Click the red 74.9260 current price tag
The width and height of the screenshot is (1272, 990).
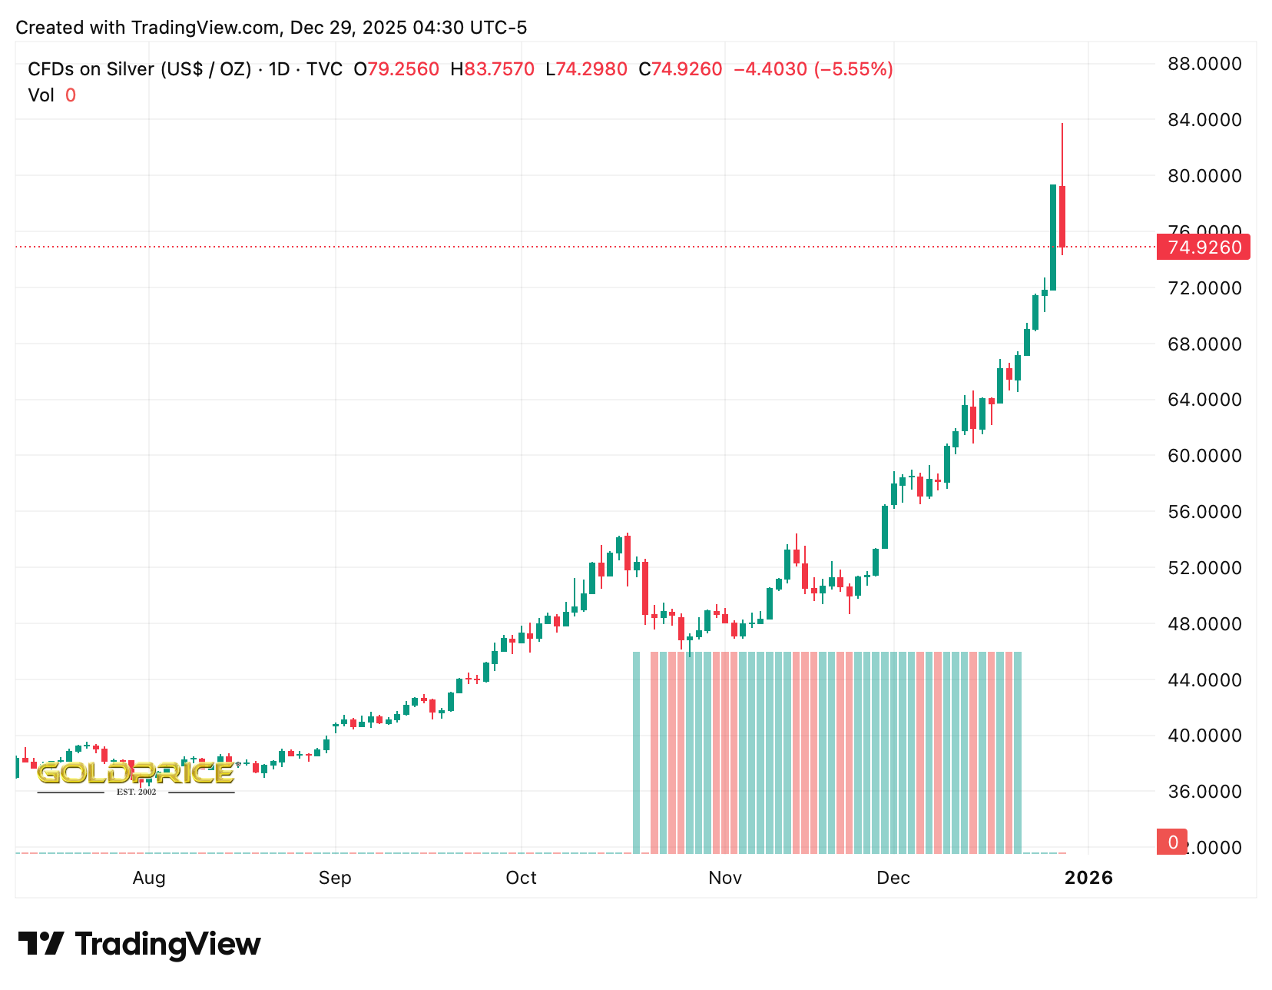tap(1203, 247)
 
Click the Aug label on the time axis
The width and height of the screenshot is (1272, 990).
tap(149, 878)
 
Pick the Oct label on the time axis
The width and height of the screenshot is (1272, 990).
tap(521, 878)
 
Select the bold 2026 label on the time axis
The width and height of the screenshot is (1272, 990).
tap(1088, 878)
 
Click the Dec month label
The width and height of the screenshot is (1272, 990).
tap(893, 878)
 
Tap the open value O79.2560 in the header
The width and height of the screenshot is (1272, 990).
tap(396, 70)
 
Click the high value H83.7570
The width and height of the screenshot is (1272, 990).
tap(492, 70)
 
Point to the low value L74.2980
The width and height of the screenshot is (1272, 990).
tap(586, 70)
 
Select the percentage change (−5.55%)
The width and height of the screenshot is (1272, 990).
tap(853, 70)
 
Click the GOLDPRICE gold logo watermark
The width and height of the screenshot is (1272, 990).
tap(135, 775)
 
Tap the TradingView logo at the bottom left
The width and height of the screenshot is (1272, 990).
tap(139, 944)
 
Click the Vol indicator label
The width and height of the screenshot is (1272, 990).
tap(41, 95)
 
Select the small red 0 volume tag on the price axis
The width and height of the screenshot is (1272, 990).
tap(1172, 842)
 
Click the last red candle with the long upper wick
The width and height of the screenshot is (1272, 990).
tap(1062, 215)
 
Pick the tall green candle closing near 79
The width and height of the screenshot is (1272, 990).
tap(1053, 237)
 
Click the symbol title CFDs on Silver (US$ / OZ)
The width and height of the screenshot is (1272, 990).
tap(140, 70)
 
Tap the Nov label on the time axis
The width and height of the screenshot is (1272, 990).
tap(725, 878)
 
